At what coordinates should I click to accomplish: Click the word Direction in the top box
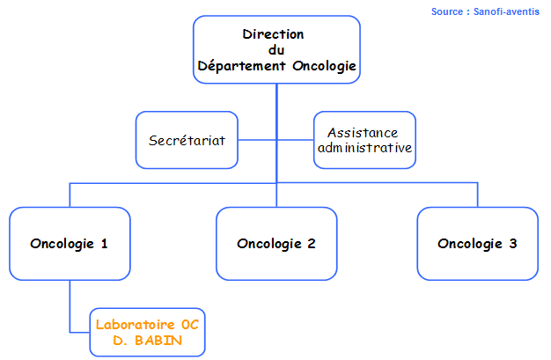pos(273,34)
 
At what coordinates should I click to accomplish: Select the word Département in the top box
pos(241,66)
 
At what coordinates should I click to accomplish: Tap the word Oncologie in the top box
pos(324,66)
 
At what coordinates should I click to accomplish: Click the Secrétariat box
pos(187,140)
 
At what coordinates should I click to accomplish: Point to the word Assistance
pos(363,133)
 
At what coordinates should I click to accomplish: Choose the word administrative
pos(364,148)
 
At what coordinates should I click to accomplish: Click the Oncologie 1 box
pos(70,244)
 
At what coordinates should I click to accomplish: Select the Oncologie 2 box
pos(276,244)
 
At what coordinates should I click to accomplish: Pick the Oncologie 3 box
pos(478,244)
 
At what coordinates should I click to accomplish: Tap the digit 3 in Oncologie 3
pos(513,243)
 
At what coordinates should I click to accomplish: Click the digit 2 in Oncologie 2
pos(312,243)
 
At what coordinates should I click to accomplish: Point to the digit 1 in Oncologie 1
pos(104,243)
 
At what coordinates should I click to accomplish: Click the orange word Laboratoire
pos(135,325)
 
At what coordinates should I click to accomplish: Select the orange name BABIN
pos(158,341)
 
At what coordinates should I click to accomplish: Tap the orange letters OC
pos(190,325)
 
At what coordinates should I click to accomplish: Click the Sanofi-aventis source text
pos(506,11)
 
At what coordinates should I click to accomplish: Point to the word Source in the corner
pos(447,11)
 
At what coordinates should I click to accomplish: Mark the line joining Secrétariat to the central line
pos(257,140)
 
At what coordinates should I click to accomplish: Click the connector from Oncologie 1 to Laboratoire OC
pos(70,306)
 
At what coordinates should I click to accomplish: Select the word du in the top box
pos(276,50)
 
